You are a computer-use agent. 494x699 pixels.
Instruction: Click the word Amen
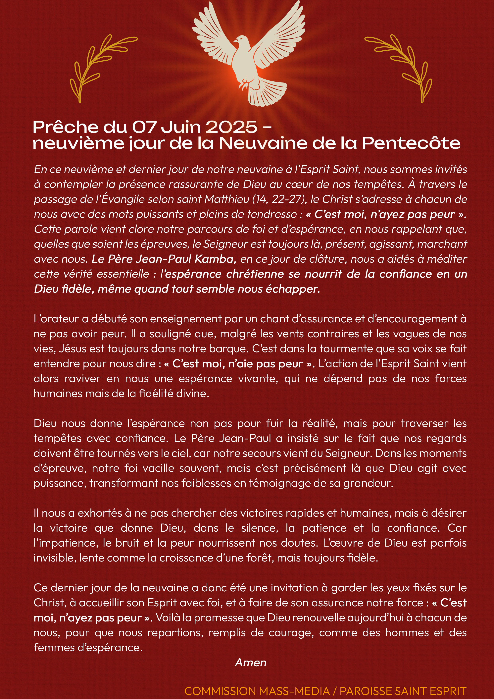tap(251, 663)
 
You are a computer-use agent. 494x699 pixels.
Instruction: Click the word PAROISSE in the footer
tap(359, 691)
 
